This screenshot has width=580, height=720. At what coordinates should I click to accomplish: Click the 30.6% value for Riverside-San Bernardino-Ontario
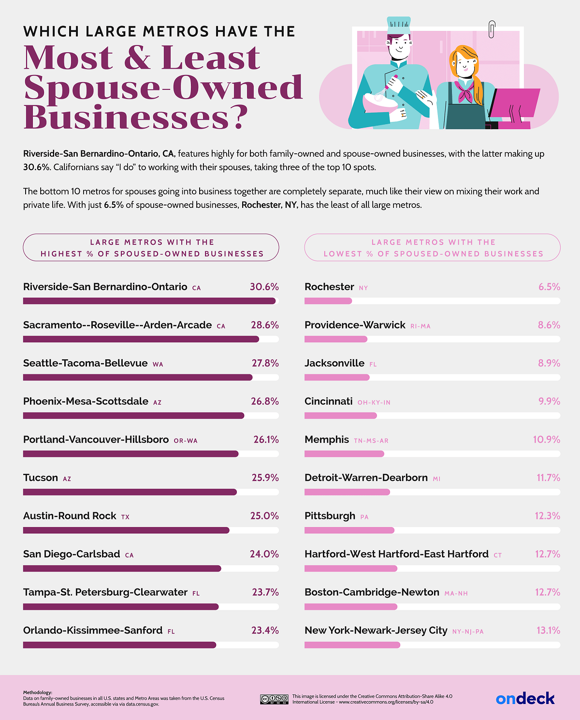264,287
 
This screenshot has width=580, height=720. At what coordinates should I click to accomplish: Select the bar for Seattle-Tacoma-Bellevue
138,377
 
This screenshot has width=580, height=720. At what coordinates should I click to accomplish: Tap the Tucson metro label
41,478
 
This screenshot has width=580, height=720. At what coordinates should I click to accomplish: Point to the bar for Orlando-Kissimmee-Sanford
119,645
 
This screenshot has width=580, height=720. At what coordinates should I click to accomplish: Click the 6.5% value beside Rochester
549,287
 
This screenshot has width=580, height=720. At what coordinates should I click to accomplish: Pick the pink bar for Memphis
344,454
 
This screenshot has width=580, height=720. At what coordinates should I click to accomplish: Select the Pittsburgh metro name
330,516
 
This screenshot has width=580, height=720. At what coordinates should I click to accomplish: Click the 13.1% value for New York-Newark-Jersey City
548,631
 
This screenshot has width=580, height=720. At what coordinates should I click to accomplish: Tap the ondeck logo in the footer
525,699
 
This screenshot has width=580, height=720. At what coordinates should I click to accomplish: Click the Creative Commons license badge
274,699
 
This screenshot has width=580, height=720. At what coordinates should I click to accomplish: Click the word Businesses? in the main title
135,118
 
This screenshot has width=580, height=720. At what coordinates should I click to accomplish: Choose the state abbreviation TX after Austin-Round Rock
125,517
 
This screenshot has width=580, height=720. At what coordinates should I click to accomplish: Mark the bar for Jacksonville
337,377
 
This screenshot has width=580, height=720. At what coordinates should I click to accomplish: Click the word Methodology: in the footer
38,692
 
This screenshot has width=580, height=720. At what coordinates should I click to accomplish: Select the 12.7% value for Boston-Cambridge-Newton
547,592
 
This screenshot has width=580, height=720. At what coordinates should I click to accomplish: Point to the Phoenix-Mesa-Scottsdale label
86,401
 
